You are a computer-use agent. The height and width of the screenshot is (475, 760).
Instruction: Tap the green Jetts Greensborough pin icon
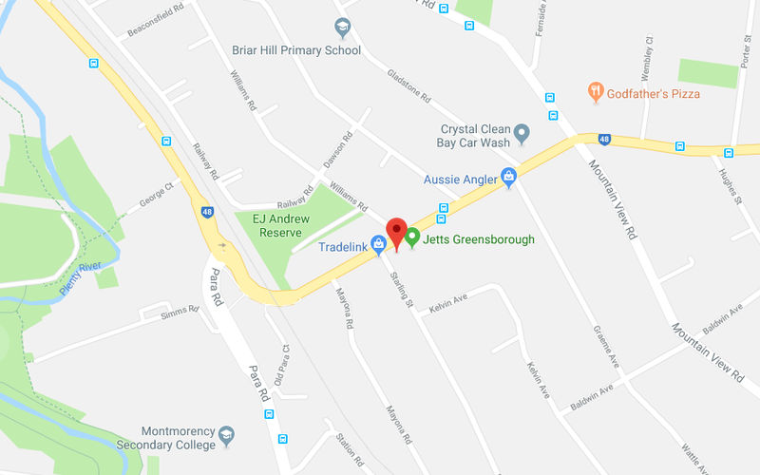point(412,237)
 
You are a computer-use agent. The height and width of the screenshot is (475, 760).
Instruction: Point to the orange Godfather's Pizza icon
point(596,92)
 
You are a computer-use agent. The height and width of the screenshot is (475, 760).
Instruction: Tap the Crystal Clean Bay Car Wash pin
point(522,132)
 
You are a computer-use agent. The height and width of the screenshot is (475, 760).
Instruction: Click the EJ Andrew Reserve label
point(270,226)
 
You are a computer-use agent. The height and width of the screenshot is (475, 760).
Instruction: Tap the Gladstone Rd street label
point(409,86)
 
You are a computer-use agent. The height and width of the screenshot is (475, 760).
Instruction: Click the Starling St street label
point(403,291)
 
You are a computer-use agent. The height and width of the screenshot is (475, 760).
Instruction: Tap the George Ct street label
point(159,196)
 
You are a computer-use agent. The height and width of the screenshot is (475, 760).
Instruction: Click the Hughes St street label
point(730,185)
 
